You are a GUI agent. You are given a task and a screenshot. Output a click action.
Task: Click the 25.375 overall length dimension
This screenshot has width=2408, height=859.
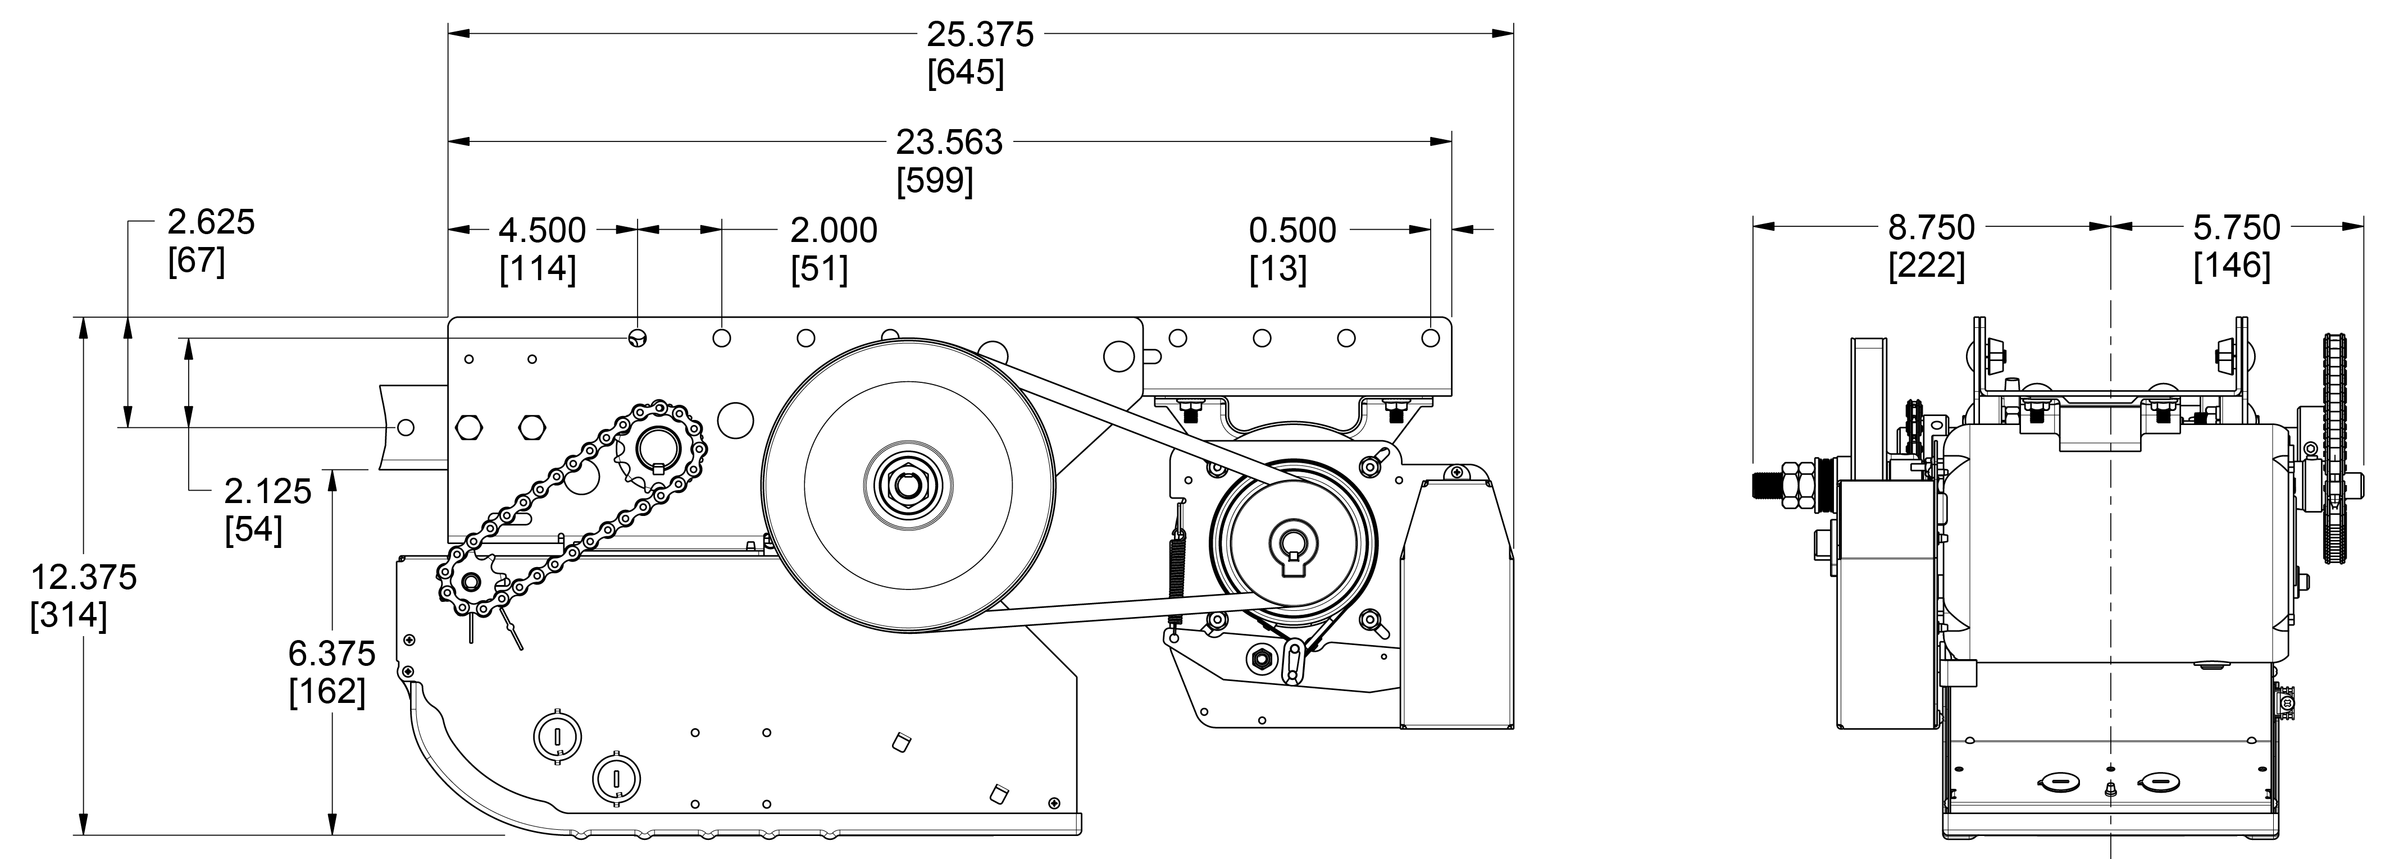[980, 35]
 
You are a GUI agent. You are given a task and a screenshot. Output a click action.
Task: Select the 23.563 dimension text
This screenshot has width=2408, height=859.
[949, 142]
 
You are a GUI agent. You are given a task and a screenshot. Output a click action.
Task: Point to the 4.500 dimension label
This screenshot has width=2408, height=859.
[542, 230]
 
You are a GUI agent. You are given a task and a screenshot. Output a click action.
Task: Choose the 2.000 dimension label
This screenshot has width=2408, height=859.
[833, 230]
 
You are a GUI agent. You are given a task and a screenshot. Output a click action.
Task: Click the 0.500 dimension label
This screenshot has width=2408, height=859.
[1292, 230]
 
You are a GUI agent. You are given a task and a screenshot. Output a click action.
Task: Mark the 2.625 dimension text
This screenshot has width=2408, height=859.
[210, 222]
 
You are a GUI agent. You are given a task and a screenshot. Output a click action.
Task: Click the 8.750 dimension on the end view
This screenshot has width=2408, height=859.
[1931, 227]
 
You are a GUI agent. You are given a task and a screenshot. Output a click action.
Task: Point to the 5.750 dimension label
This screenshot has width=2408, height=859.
[2236, 227]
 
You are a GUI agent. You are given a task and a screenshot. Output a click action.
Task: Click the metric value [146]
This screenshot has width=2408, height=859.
[2231, 266]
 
